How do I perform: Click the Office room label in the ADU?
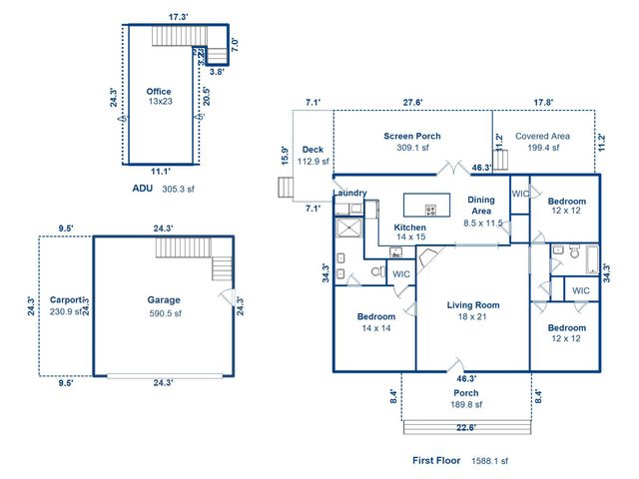coord(158,91)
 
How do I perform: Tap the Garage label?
coord(164,299)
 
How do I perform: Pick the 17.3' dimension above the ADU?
coord(178,17)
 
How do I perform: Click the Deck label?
coord(313,150)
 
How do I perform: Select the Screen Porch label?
coord(411,136)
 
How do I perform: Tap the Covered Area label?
coord(542,136)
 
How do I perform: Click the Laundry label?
coord(349,193)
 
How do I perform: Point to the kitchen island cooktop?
coord(431,210)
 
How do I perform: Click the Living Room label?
coord(472,305)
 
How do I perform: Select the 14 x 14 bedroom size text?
coord(375,328)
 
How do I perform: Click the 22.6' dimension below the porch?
coord(465,428)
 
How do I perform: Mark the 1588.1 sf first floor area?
coord(489,461)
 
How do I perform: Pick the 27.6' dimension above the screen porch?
coord(411,102)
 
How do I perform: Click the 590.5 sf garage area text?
coord(164,312)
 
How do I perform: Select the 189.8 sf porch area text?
coord(464,404)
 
